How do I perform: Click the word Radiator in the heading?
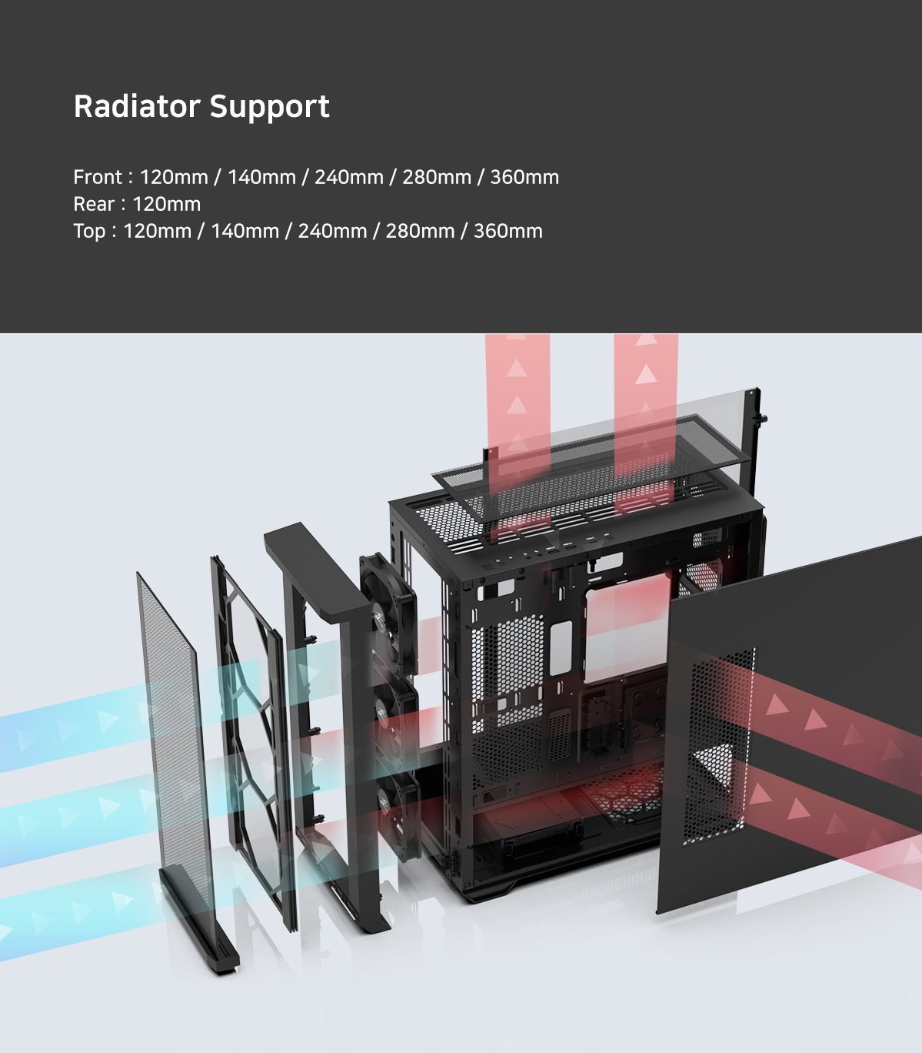click(137, 106)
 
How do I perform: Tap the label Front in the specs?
click(98, 177)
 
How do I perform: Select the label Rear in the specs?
click(94, 204)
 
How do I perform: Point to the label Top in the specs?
click(89, 232)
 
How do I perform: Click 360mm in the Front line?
click(524, 177)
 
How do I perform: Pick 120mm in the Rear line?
click(167, 204)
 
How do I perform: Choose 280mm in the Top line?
click(420, 231)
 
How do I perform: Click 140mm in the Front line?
click(261, 177)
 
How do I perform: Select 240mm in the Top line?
click(332, 231)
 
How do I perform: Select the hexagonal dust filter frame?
click(251, 744)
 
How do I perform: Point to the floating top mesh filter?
click(591, 467)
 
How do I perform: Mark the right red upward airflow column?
click(646, 416)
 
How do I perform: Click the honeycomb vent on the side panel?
click(718, 747)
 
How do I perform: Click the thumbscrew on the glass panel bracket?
click(763, 418)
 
